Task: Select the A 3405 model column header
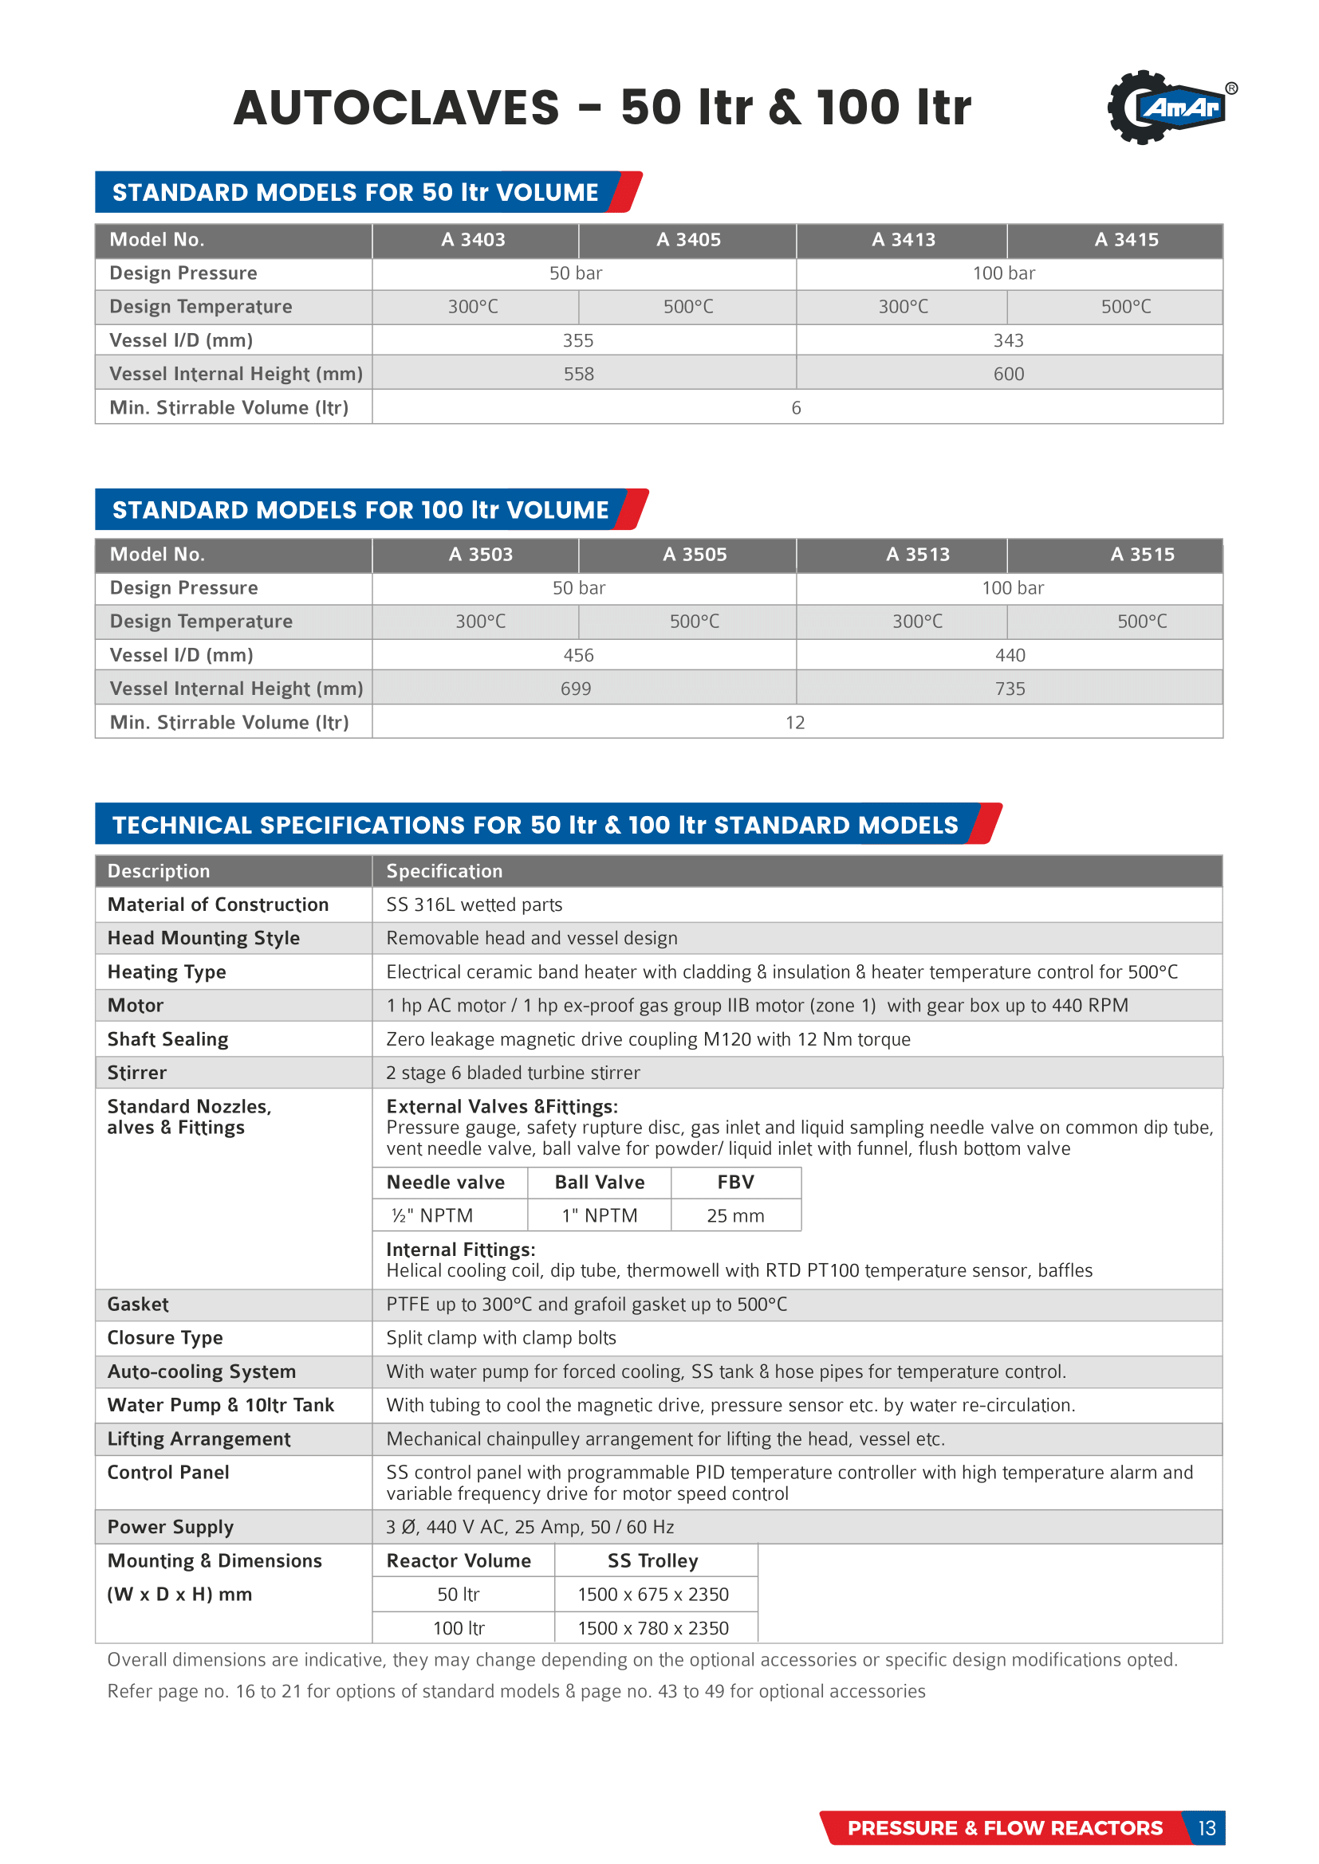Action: (x=688, y=240)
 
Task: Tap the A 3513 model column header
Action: (x=917, y=555)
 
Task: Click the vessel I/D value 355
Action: (x=577, y=340)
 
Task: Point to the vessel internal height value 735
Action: (x=1010, y=689)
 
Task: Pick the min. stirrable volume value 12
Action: (x=794, y=723)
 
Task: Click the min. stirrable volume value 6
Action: (x=796, y=407)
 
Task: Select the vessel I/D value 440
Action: (x=1010, y=655)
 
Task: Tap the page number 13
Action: (x=1206, y=1827)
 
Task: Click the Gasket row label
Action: (x=138, y=1304)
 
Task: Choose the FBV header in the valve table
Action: (x=735, y=1182)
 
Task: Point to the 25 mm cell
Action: (x=735, y=1215)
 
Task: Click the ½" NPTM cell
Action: (x=432, y=1215)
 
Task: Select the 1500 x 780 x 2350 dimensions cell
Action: (x=653, y=1628)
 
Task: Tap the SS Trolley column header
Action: (x=653, y=1560)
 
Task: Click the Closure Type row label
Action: (x=165, y=1337)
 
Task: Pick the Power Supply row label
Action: (x=171, y=1527)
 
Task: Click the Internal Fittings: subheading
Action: (x=460, y=1250)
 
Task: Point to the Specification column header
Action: (x=444, y=871)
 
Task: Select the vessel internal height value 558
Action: (x=578, y=375)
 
